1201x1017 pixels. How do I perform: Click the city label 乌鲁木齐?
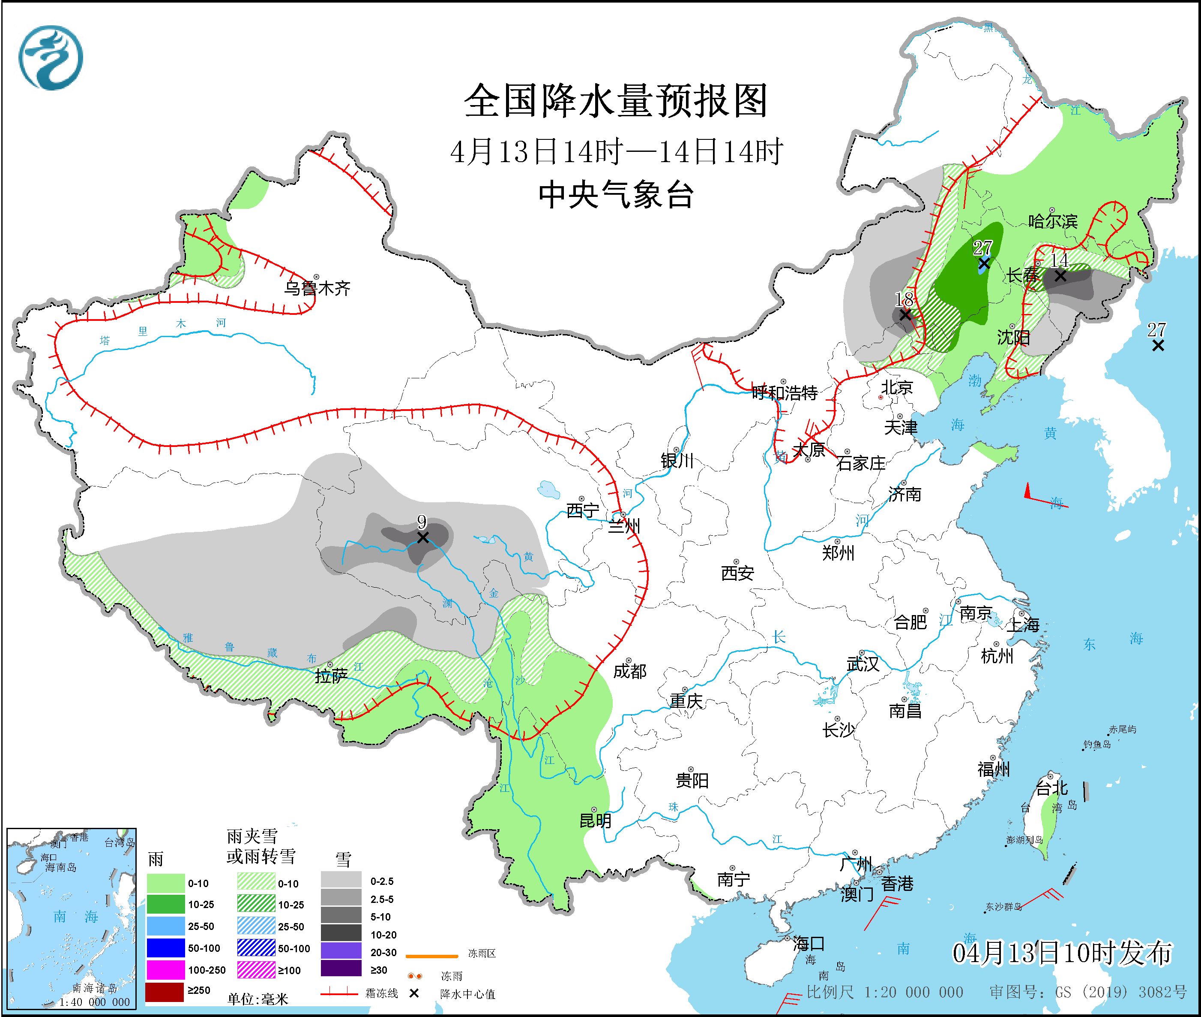tap(317, 288)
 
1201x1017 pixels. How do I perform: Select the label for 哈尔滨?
tap(1052, 221)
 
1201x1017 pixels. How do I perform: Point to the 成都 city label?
tap(629, 671)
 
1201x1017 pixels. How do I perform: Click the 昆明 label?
tap(595, 820)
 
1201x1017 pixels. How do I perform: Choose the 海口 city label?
tap(808, 944)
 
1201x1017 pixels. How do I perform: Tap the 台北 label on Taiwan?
tap(1052, 788)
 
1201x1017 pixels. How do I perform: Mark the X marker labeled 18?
tap(905, 315)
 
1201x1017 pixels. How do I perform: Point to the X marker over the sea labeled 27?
tap(1158, 345)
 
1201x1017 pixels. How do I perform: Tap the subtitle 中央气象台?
tap(616, 195)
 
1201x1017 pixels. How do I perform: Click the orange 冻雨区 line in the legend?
tap(431, 956)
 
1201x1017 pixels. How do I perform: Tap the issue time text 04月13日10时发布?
tap(1062, 953)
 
